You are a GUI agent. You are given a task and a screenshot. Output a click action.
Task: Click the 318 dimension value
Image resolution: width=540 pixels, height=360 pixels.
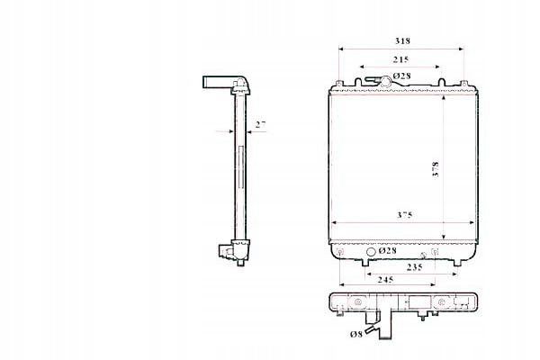pyautogui.click(x=402, y=41)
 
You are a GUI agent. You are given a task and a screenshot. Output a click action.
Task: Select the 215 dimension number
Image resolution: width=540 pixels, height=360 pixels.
pyautogui.click(x=400, y=59)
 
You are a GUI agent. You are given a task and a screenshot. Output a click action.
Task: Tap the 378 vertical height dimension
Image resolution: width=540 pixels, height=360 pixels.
pyautogui.click(x=436, y=169)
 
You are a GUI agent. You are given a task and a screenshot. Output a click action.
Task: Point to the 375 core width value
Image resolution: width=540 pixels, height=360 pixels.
pyautogui.click(x=405, y=215)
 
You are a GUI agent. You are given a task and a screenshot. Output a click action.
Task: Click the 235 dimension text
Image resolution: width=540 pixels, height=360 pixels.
pyautogui.click(x=414, y=267)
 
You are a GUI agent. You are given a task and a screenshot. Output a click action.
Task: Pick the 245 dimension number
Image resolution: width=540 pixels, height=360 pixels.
pyautogui.click(x=385, y=280)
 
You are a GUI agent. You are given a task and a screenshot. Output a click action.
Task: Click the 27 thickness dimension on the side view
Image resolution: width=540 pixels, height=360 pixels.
pyautogui.click(x=261, y=125)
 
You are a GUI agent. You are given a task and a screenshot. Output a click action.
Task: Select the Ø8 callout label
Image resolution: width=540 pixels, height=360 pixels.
pyautogui.click(x=356, y=334)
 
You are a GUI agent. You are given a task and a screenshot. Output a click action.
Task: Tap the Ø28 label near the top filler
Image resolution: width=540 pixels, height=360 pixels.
pyautogui.click(x=402, y=76)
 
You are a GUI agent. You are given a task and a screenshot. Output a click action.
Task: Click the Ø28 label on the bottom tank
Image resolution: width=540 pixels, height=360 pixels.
pyautogui.click(x=387, y=251)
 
